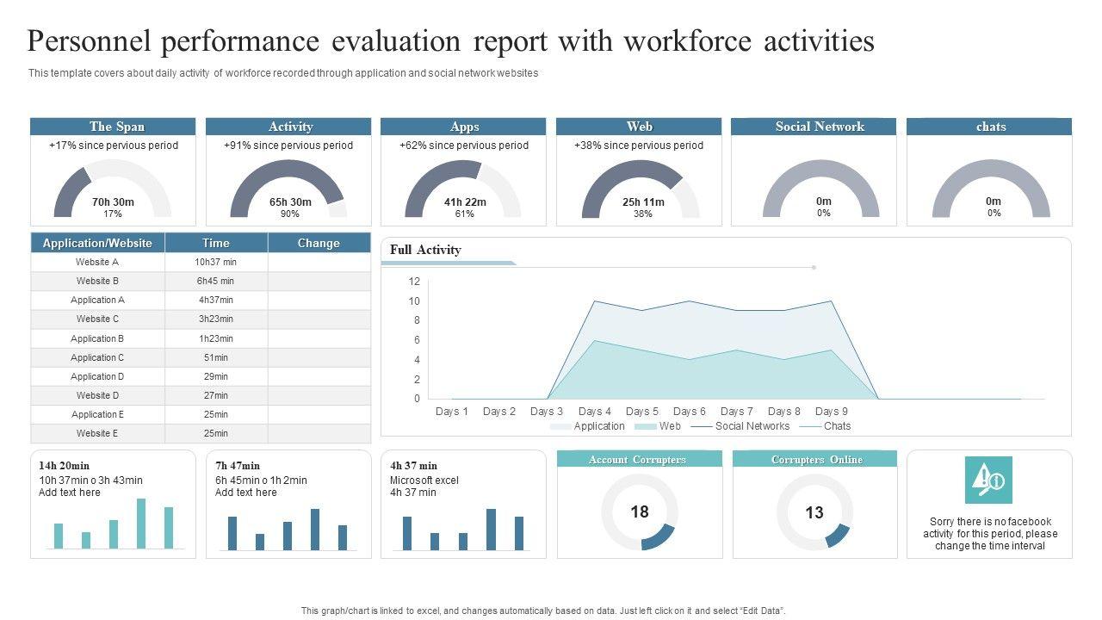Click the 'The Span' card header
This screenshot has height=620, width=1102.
click(117, 127)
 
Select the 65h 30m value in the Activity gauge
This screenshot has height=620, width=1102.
click(290, 202)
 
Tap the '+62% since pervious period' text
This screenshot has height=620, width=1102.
click(464, 146)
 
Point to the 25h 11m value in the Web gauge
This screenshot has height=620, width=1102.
click(643, 202)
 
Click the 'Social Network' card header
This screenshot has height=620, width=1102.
click(819, 127)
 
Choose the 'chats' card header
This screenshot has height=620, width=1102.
click(990, 127)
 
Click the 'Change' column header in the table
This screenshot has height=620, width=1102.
click(319, 243)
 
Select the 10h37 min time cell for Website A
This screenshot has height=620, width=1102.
click(215, 262)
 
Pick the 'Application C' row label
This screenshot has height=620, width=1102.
click(97, 357)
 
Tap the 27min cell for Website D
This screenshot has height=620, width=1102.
click(215, 395)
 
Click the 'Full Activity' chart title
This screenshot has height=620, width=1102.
click(425, 250)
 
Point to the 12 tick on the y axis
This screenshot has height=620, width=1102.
click(414, 282)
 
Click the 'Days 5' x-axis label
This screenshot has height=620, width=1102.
click(642, 412)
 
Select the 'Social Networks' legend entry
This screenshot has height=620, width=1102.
click(752, 426)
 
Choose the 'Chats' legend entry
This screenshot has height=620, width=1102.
click(837, 426)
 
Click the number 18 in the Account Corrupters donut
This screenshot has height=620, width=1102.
click(639, 512)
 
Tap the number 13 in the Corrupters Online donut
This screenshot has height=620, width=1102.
click(814, 512)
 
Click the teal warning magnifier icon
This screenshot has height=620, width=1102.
click(988, 480)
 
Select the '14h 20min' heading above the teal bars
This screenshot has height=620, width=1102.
click(65, 466)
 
